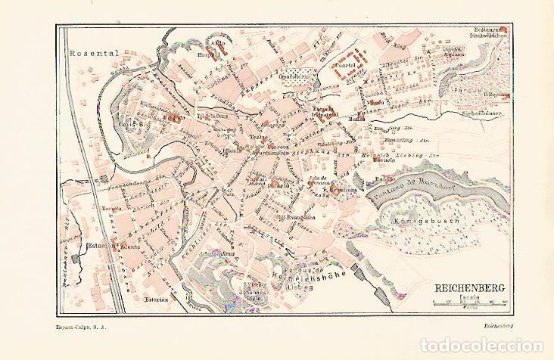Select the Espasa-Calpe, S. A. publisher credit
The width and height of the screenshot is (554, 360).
(x=81, y=326)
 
